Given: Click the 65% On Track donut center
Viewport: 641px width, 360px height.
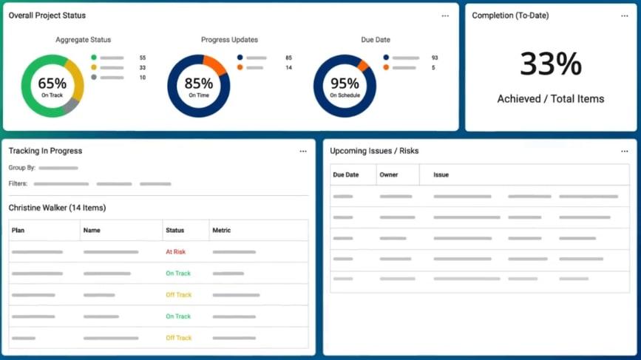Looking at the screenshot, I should click(52, 86).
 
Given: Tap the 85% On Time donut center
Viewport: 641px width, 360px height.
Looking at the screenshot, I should click(198, 86).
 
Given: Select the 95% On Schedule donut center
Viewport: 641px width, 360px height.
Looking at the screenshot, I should click(345, 86).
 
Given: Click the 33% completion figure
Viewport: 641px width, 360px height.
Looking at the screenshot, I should click(550, 64).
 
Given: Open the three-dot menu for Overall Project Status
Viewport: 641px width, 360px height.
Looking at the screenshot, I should click(445, 16).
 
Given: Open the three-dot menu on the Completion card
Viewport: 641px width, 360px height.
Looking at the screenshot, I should click(625, 16).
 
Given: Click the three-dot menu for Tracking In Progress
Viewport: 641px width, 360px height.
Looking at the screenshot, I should click(303, 152).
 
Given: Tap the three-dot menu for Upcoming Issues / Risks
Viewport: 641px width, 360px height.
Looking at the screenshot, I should click(625, 152).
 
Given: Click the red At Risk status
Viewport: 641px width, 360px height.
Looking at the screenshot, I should click(176, 252).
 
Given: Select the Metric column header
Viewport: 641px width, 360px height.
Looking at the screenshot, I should click(222, 231).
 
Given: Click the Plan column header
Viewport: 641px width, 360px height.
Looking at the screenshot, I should click(18, 231).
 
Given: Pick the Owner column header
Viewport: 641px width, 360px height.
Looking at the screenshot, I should click(389, 175).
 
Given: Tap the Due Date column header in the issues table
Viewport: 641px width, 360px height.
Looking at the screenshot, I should click(346, 175).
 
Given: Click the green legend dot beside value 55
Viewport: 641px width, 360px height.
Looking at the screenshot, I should click(94, 58).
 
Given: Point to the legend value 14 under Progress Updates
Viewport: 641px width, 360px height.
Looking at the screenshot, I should click(288, 68).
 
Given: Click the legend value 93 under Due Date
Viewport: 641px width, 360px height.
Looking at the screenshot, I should click(435, 58).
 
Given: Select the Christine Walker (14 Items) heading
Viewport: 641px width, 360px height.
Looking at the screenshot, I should click(57, 208).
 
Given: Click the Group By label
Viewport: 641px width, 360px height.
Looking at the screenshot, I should click(22, 168).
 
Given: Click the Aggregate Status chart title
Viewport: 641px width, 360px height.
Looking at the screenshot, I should click(83, 40).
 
